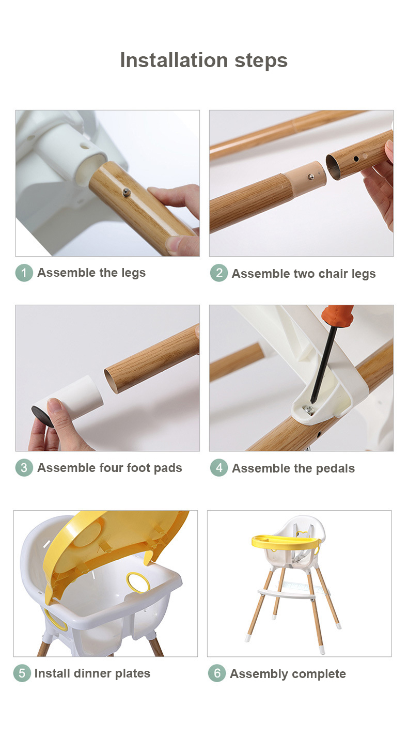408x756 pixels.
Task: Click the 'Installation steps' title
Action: [204, 60]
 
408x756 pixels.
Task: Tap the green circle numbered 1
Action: [24, 273]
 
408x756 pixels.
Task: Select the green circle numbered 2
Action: [218, 273]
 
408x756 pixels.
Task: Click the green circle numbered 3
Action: [24, 468]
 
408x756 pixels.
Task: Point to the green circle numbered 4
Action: [218, 468]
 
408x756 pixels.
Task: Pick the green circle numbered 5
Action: [22, 673]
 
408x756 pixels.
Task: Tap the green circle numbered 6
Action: [217, 673]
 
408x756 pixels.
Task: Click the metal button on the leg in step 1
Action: [127, 193]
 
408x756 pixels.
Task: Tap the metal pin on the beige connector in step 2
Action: [310, 177]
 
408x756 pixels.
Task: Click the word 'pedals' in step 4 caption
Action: [335, 469]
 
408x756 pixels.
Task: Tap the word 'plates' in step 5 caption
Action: [132, 674]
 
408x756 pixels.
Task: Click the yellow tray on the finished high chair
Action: [285, 542]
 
